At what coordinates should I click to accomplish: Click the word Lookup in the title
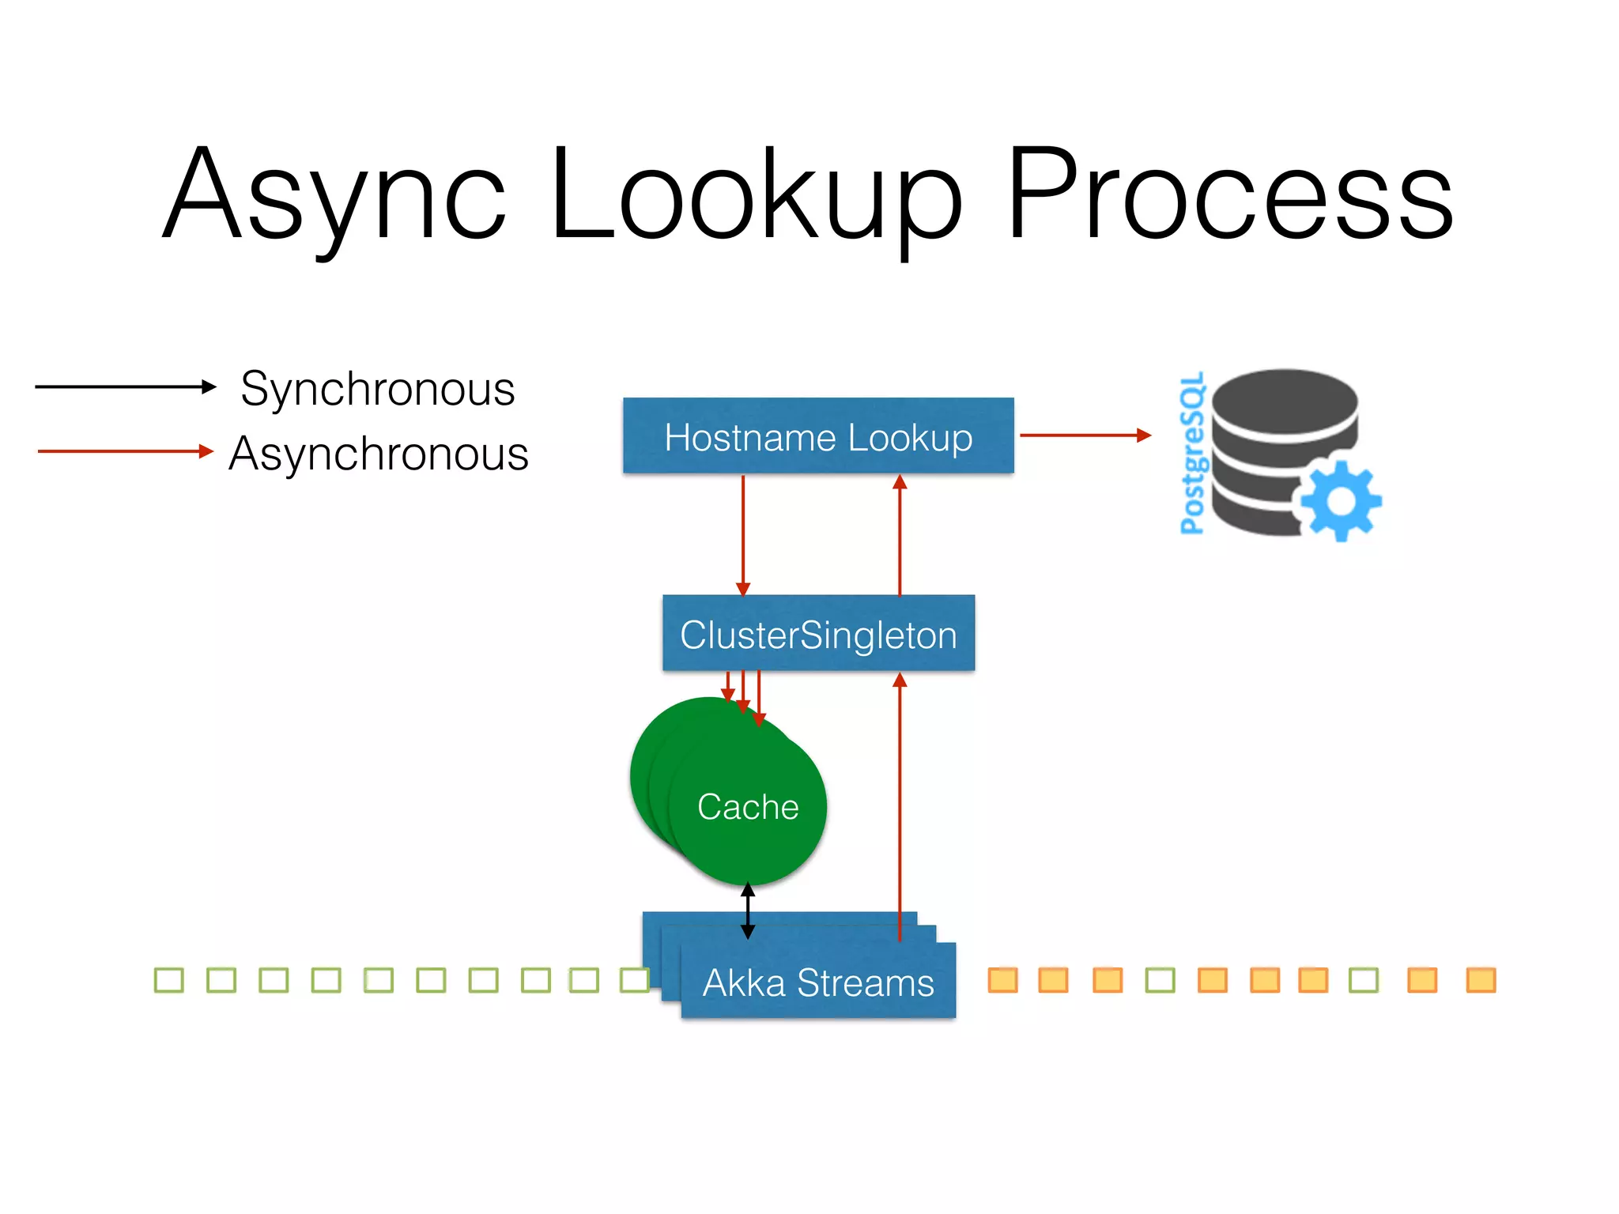(756, 194)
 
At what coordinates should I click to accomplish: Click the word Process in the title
(1229, 194)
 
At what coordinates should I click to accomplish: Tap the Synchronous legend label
(378, 389)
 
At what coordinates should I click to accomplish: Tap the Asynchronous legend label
(379, 454)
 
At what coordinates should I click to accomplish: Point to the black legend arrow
(125, 386)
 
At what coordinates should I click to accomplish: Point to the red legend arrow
(125, 451)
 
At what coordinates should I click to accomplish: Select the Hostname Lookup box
(818, 436)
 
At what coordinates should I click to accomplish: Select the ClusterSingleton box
(818, 634)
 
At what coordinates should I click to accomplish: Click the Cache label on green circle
(748, 807)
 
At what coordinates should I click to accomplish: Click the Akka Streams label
(818, 983)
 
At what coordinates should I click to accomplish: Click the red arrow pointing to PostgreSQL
(1085, 435)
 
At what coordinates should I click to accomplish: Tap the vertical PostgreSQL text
(1192, 454)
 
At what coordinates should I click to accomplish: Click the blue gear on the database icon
(1341, 501)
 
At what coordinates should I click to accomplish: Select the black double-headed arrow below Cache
(748, 911)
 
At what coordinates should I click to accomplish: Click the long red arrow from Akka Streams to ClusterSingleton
(900, 806)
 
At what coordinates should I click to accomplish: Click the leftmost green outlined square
(168, 980)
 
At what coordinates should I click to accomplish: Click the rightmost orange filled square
(1481, 980)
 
